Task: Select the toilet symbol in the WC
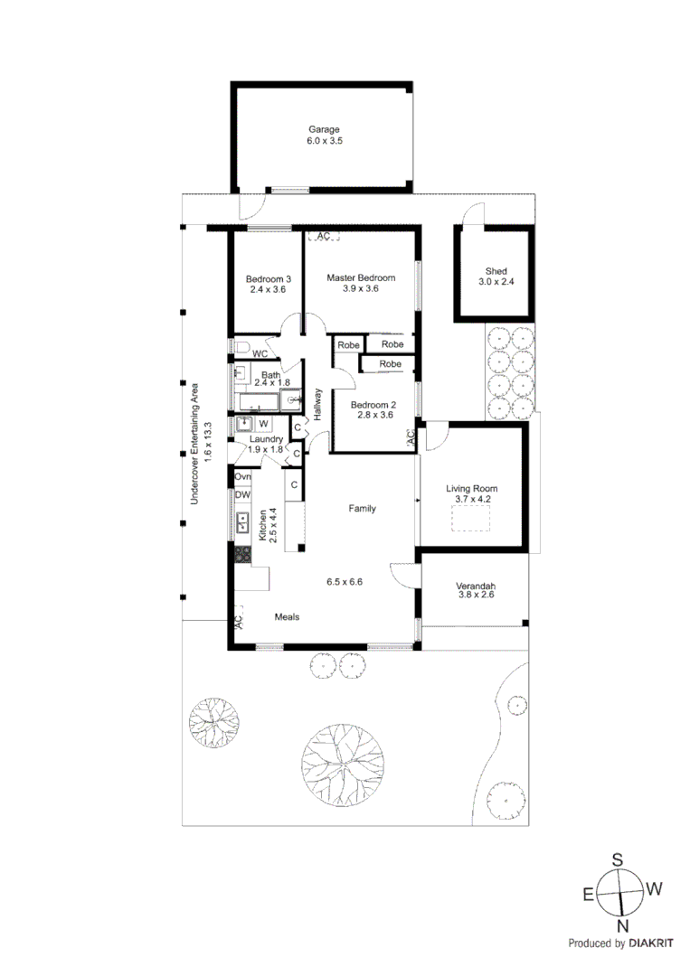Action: [x=241, y=347]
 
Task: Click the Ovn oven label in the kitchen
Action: [x=242, y=476]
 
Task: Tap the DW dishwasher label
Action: [x=242, y=495]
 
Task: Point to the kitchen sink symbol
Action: [x=242, y=522]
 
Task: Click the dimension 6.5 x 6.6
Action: [x=344, y=582]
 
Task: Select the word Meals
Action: [x=287, y=617]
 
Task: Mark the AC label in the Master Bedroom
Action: [x=323, y=236]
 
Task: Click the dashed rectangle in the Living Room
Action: [x=470, y=519]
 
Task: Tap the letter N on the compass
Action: [x=622, y=925]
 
